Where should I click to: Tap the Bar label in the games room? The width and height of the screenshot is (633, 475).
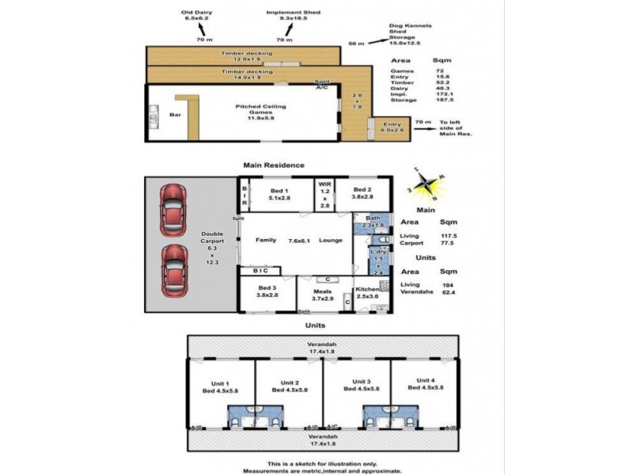(175, 115)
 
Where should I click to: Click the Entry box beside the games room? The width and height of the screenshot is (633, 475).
(392, 127)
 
